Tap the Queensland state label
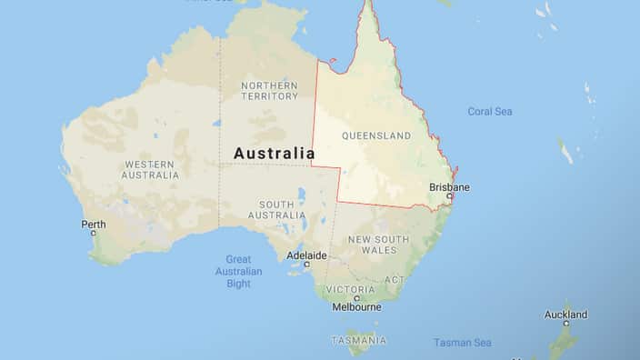click(x=375, y=135)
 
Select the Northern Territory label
click(x=268, y=90)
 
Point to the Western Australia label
click(x=150, y=169)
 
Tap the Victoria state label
click(x=350, y=289)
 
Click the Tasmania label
click(x=358, y=340)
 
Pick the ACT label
click(x=394, y=279)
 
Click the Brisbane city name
click(x=449, y=187)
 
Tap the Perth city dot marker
click(x=93, y=233)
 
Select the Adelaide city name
click(x=305, y=255)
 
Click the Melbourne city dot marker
click(x=356, y=297)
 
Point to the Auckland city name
click(x=565, y=315)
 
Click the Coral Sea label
click(x=490, y=112)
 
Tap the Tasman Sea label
click(x=462, y=343)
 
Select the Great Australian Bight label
click(x=238, y=271)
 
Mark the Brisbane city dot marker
click(x=449, y=195)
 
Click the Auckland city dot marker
click(x=565, y=323)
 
